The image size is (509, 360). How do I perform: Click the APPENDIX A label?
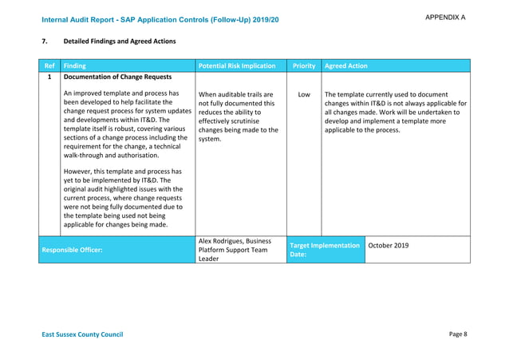pyautogui.click(x=445, y=18)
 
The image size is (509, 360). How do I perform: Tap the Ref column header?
pyautogui.click(x=49, y=65)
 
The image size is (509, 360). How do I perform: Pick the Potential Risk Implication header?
pyautogui.click(x=236, y=65)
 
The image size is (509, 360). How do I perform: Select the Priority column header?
pyautogui.click(x=304, y=65)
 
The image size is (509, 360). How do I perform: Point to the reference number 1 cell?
pyautogui.click(x=49, y=78)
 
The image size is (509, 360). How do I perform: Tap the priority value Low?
pyautogui.click(x=304, y=94)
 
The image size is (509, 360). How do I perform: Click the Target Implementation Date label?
pyautogui.click(x=325, y=250)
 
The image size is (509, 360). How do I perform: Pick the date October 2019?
pyautogui.click(x=389, y=245)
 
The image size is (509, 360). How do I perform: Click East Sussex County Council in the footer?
pyautogui.click(x=82, y=334)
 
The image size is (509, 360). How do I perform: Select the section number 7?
pyautogui.click(x=43, y=40)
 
